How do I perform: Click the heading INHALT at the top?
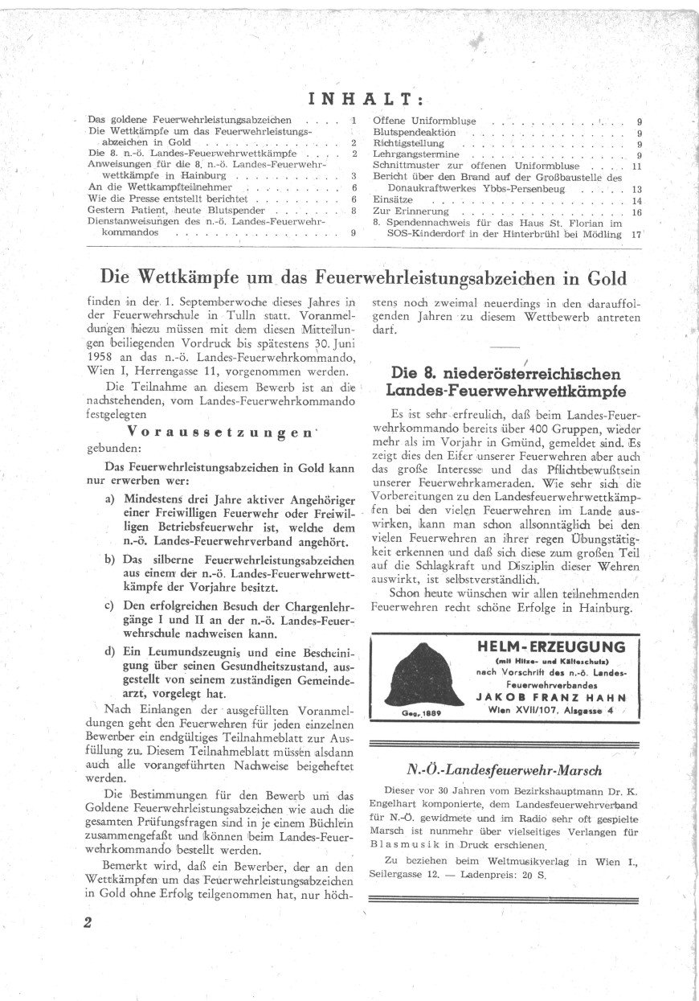click(x=366, y=99)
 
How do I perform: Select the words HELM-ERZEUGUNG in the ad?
click(x=550, y=647)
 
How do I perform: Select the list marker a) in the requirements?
click(x=110, y=498)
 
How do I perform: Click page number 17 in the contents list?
click(x=636, y=235)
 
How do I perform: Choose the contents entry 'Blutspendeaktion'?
click(x=415, y=133)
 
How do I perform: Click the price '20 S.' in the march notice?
click(x=530, y=874)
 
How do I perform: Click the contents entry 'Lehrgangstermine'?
click(x=416, y=155)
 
